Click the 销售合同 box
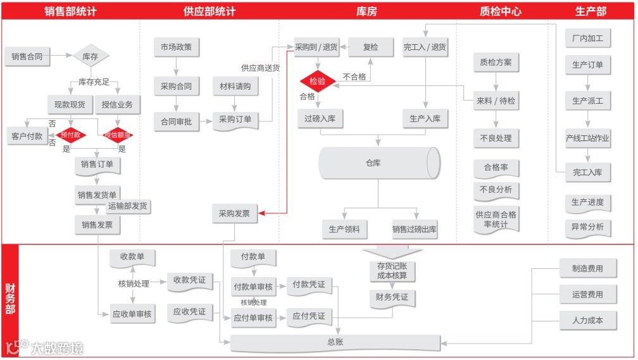(27, 56)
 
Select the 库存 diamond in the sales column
(91, 56)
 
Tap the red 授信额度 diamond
(118, 134)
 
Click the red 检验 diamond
(317, 81)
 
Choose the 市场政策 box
(176, 47)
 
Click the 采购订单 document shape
(235, 119)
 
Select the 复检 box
(370, 47)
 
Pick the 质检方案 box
(496, 63)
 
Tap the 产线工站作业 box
(588, 139)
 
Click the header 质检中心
(501, 11)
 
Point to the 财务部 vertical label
(10, 299)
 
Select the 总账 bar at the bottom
(335, 342)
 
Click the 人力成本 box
(587, 320)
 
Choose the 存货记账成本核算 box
(392, 271)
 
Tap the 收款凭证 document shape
(190, 280)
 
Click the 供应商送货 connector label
(260, 68)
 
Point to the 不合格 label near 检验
(354, 77)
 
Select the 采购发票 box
(234, 214)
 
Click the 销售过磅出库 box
(415, 230)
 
